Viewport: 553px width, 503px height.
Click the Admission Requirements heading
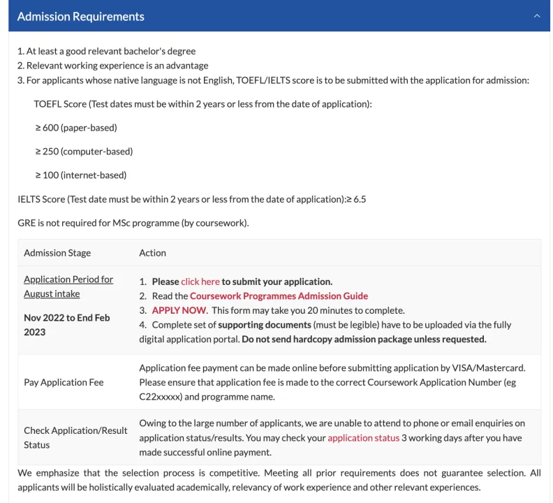[80, 16]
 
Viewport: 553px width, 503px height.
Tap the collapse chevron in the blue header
[536, 16]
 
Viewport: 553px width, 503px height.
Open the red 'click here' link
[200, 282]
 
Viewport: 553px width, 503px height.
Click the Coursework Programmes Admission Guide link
[279, 296]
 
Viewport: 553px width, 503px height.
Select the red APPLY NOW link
[179, 310]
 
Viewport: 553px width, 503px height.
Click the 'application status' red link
[363, 438]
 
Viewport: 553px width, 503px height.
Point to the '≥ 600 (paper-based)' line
[76, 127]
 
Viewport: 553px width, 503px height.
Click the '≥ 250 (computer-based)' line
[84, 151]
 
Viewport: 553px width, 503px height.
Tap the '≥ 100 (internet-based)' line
[81, 175]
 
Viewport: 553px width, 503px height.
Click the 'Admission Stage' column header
[57, 253]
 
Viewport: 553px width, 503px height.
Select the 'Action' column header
[152, 253]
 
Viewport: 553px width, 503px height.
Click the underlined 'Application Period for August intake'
[68, 286]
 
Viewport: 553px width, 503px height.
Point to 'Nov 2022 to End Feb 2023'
[66, 325]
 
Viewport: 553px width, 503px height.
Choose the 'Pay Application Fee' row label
[64, 382]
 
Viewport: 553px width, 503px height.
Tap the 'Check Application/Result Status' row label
[75, 437]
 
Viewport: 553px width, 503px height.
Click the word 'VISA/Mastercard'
[491, 367]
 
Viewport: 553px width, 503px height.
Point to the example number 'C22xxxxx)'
[161, 397]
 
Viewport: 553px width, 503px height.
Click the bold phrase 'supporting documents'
[265, 325]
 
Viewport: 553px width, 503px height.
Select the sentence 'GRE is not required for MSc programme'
[133, 223]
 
